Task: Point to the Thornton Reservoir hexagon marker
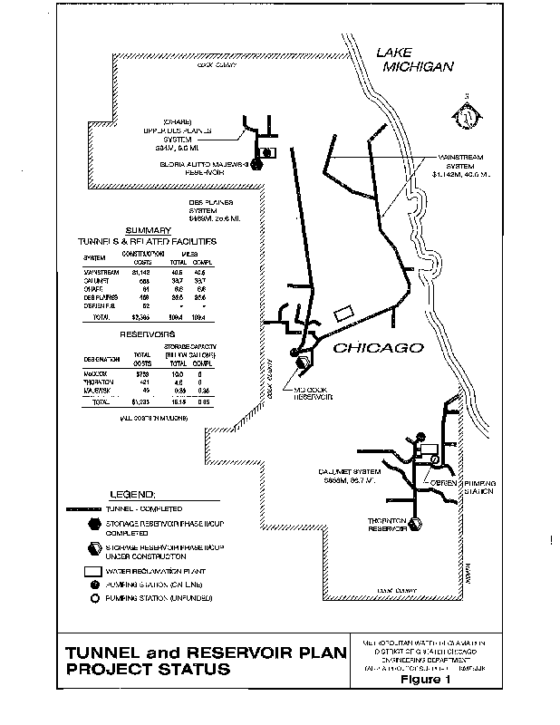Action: [416, 523]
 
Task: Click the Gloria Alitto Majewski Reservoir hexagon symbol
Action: [257, 164]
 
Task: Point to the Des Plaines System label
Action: [212, 211]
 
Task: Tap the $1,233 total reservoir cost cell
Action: [141, 401]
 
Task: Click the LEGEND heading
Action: [132, 495]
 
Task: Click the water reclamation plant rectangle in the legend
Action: [92, 571]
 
